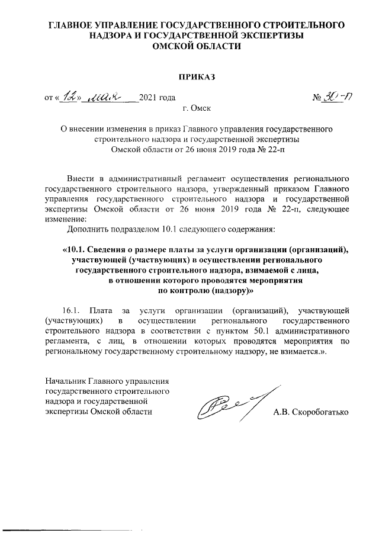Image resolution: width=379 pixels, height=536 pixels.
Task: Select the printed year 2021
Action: (148, 98)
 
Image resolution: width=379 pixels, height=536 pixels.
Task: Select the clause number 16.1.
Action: (75, 310)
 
